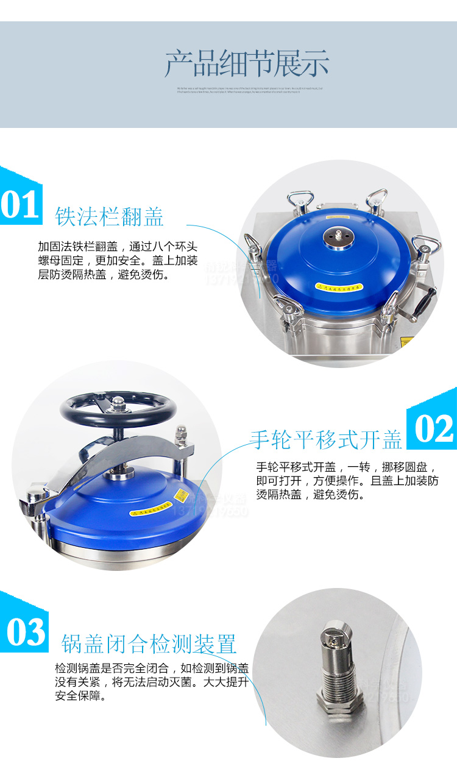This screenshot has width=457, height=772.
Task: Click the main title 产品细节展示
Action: point(247,64)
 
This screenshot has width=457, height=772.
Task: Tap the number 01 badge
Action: point(20,204)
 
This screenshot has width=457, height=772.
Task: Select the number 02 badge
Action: point(434,428)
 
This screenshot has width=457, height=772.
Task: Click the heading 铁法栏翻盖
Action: point(110,216)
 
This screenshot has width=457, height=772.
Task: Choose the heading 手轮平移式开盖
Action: point(326,439)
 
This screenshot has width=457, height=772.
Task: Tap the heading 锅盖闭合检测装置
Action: point(149,643)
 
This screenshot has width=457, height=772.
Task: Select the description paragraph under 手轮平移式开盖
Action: point(347,481)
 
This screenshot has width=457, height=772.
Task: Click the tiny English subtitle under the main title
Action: point(246,90)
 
